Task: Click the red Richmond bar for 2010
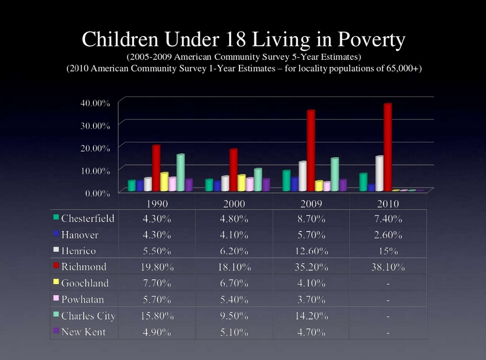(388, 147)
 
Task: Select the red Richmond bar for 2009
(311, 150)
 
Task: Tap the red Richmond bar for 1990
(156, 168)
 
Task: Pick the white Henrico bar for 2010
(379, 173)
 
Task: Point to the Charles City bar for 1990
(180, 173)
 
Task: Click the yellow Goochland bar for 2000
(241, 183)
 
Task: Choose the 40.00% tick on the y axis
(95, 103)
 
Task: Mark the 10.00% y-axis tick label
(95, 171)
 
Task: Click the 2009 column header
(311, 204)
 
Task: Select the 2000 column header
(234, 204)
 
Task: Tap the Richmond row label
(84, 267)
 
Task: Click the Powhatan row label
(82, 299)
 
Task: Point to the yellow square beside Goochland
(57, 282)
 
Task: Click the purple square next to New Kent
(57, 331)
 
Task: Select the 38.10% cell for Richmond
(388, 267)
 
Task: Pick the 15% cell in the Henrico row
(388, 251)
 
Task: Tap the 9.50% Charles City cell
(234, 316)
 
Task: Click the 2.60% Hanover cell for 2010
(388, 235)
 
